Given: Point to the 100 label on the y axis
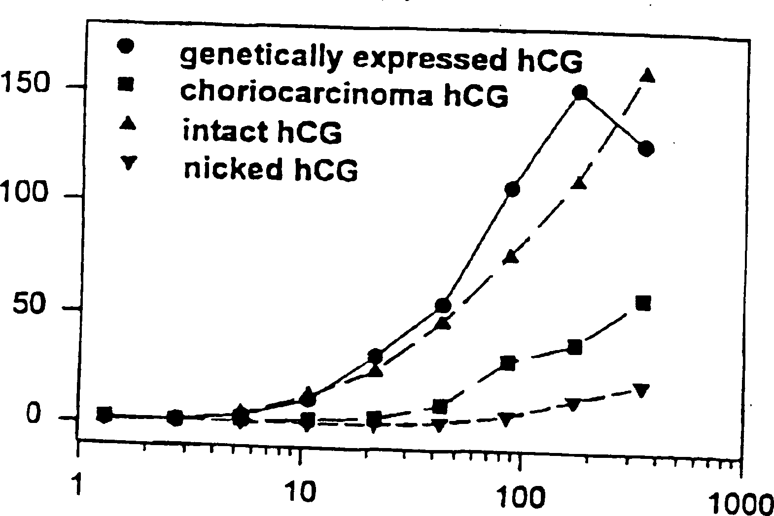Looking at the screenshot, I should click(x=25, y=193).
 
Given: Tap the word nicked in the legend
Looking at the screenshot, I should click(x=230, y=169).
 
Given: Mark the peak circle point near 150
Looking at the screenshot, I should click(x=580, y=92).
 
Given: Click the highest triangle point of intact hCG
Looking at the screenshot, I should click(x=647, y=75).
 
